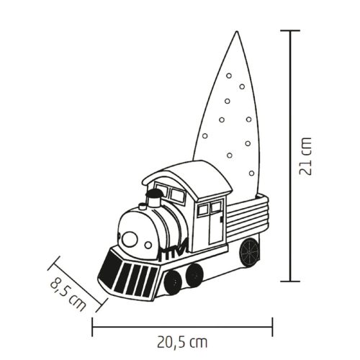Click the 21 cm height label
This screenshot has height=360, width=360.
tap(307, 156)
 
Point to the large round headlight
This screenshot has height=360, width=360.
tap(130, 238)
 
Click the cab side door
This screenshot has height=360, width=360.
tap(214, 225)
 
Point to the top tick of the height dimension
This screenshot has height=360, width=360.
tap(289, 31)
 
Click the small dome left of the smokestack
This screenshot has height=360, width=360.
tap(143, 206)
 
